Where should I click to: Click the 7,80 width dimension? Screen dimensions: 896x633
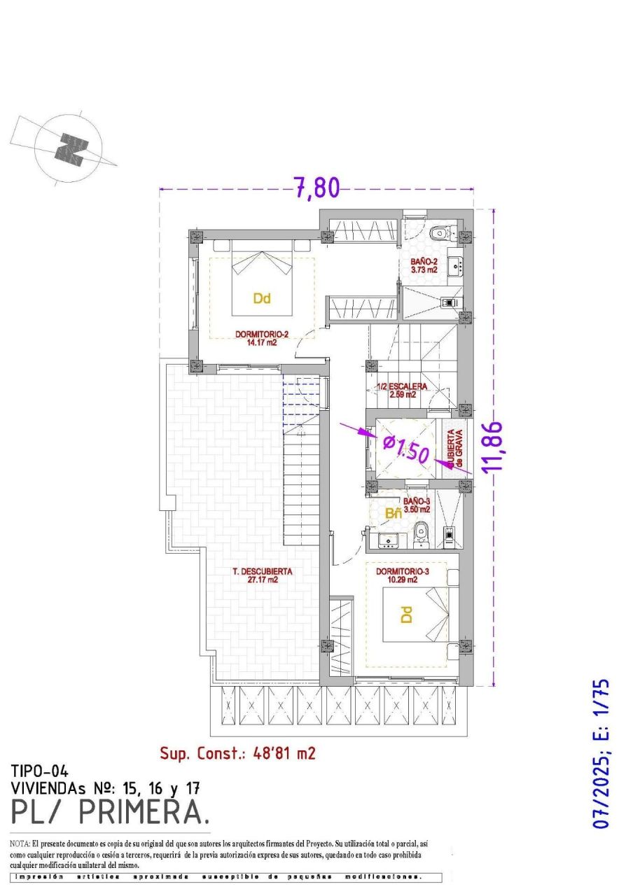point(316,189)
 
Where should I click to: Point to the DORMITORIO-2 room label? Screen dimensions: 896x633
point(262,339)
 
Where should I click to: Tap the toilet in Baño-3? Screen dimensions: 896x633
point(421,535)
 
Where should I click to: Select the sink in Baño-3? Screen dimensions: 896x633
point(387,540)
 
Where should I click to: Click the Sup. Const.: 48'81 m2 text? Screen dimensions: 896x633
point(237,753)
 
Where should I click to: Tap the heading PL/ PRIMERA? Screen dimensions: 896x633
point(110,811)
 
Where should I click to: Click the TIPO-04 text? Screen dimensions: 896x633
point(39,771)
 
